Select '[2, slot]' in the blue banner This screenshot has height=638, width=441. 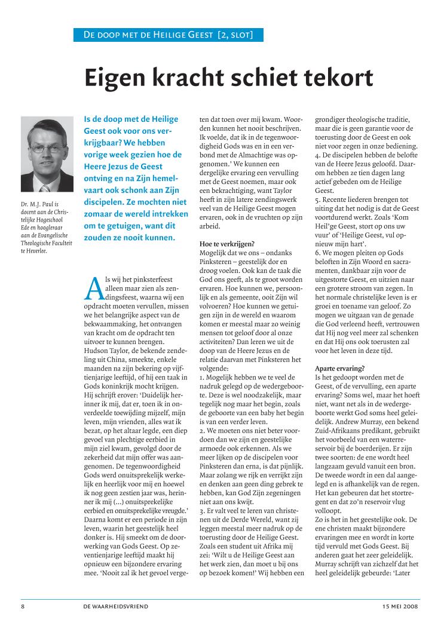click(x=235, y=35)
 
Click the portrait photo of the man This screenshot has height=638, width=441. click(x=47, y=155)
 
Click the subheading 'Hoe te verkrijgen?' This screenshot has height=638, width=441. click(x=228, y=244)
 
